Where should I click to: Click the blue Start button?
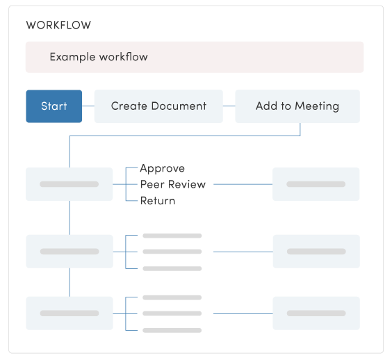[x=54, y=106]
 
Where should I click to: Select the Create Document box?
[x=158, y=106]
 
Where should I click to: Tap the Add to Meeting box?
[x=297, y=106]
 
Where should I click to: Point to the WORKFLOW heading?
[x=58, y=26]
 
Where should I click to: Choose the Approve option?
[x=162, y=168]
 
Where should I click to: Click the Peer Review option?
[x=173, y=184]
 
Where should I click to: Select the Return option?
[x=158, y=201]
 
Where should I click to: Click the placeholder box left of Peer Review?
[x=69, y=184]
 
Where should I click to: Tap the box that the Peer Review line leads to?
[x=316, y=184]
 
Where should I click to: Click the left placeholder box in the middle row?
[x=69, y=252]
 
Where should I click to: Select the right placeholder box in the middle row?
[x=316, y=252]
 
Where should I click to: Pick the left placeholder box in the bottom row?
[x=69, y=313]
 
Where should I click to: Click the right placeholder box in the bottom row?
[x=316, y=313]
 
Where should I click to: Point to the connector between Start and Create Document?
[x=88, y=106]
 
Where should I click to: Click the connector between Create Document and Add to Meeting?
[x=229, y=106]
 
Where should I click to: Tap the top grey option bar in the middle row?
[x=172, y=236]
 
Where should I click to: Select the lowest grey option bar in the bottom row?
[x=172, y=330]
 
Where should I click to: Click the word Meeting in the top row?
[x=317, y=106]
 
